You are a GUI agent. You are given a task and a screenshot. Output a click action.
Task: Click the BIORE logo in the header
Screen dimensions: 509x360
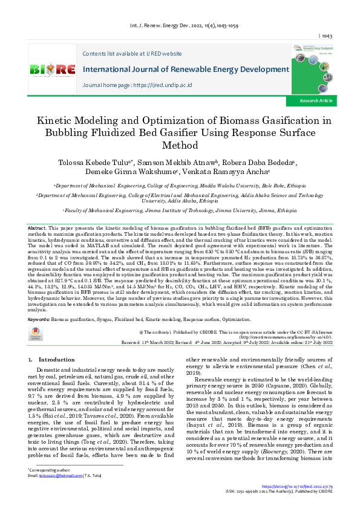(52, 70)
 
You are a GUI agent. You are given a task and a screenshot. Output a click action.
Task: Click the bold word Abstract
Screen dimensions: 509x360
(37, 227)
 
